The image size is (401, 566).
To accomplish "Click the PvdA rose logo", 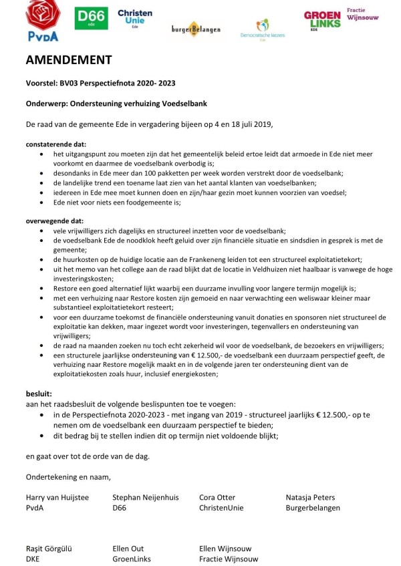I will [x=43, y=20].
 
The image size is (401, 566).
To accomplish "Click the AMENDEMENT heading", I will [x=69, y=60].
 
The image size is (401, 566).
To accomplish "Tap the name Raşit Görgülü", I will [x=49, y=549].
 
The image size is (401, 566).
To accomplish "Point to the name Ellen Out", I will [x=130, y=549].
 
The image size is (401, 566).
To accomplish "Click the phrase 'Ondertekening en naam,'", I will [x=68, y=476].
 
